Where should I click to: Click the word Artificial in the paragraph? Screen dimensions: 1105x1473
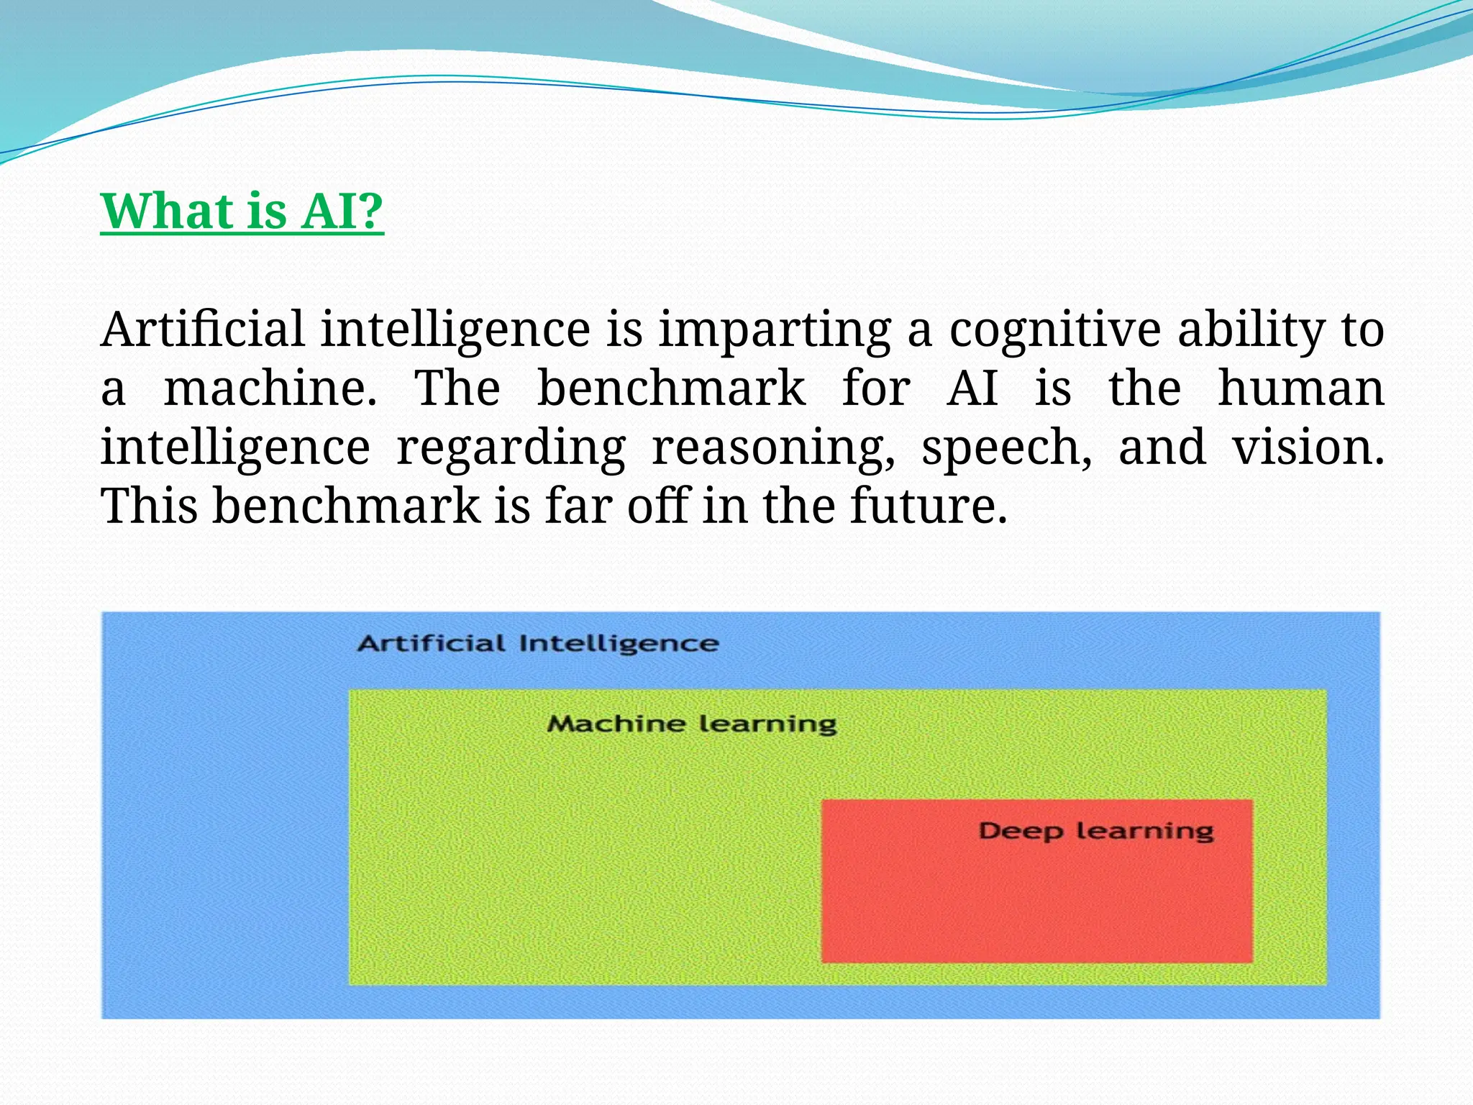pyautogui.click(x=202, y=329)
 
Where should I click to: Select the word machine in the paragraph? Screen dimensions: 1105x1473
pyautogui.click(x=270, y=388)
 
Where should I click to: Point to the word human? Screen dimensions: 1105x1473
pyautogui.click(x=1300, y=388)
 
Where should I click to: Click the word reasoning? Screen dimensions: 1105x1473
pyautogui.click(x=773, y=447)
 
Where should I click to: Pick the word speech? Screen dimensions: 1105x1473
pyautogui.click(x=1006, y=447)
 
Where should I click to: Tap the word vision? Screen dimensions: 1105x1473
pyautogui.click(x=1308, y=447)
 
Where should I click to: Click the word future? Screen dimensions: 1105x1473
pyautogui.click(x=929, y=506)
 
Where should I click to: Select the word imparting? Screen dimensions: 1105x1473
pyautogui.click(x=775, y=329)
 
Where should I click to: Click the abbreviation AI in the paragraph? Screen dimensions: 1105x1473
pyautogui.click(x=972, y=388)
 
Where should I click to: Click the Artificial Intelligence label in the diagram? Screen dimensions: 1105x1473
pyautogui.click(x=538, y=643)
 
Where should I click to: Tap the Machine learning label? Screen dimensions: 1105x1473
pyautogui.click(x=692, y=724)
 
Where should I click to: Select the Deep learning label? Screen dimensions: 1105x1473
pyautogui.click(x=1096, y=832)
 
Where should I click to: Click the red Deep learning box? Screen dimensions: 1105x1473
pyautogui.click(x=1036, y=906)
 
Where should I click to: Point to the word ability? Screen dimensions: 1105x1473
pyautogui.click(x=1251, y=329)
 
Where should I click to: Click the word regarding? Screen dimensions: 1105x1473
pyautogui.click(x=511, y=447)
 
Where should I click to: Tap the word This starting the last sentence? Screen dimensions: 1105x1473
pyautogui.click(x=149, y=506)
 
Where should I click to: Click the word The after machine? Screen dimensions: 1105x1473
pyautogui.click(x=457, y=388)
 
